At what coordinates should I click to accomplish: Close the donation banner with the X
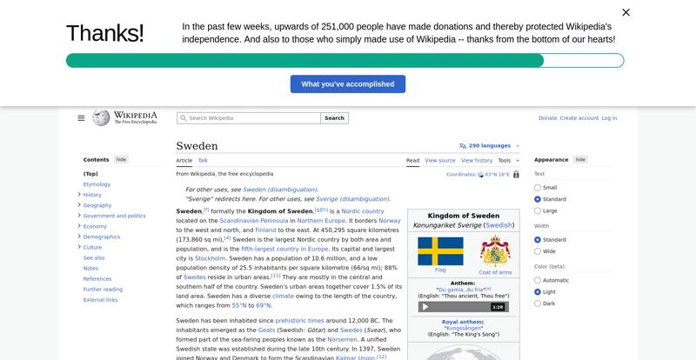626,12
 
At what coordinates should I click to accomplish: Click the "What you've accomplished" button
348,84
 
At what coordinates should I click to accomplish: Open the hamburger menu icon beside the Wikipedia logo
81,118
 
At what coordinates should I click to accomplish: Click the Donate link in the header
547,118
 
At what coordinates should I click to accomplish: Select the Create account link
579,118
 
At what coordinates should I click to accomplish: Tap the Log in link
609,118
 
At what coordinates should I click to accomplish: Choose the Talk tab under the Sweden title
203,161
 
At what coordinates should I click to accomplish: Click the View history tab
476,161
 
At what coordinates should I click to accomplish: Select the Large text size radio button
538,211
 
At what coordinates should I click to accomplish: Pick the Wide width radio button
538,251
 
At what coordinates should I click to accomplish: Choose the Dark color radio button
538,303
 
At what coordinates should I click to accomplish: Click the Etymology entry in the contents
97,184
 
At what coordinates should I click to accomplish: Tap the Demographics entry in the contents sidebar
102,237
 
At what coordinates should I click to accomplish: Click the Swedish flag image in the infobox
440,251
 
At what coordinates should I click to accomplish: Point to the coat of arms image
495,251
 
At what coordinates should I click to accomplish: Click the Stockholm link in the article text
211,258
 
